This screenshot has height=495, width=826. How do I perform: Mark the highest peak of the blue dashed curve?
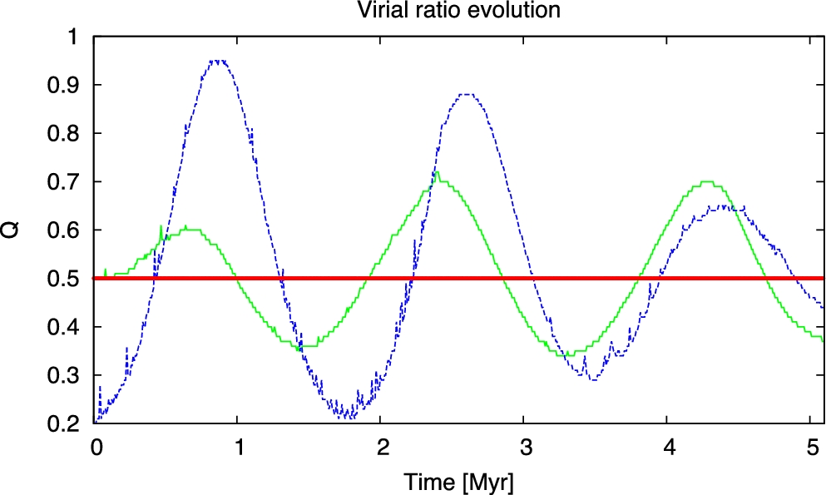click(x=219, y=61)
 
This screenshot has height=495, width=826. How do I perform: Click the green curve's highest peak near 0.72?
click(x=436, y=172)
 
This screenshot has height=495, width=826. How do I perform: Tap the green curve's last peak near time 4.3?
click(x=708, y=181)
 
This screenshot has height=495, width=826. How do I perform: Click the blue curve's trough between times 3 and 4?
click(x=592, y=379)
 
